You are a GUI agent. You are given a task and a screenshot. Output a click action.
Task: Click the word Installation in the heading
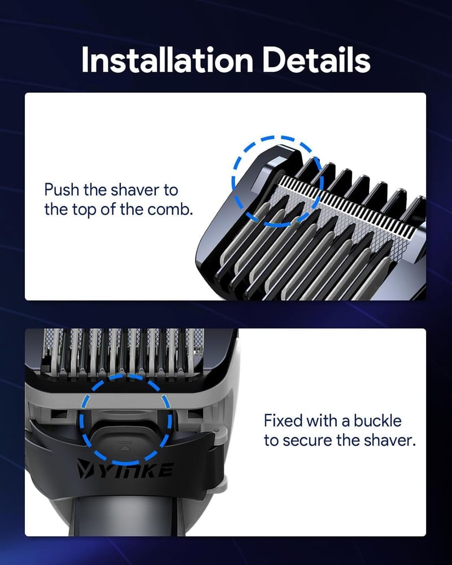coord(167,60)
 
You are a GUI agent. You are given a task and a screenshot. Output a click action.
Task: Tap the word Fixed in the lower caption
coord(282,420)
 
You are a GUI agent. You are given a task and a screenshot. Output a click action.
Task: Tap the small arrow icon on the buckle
coord(125,445)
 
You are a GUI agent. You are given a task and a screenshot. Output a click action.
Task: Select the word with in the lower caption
coord(320,420)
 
